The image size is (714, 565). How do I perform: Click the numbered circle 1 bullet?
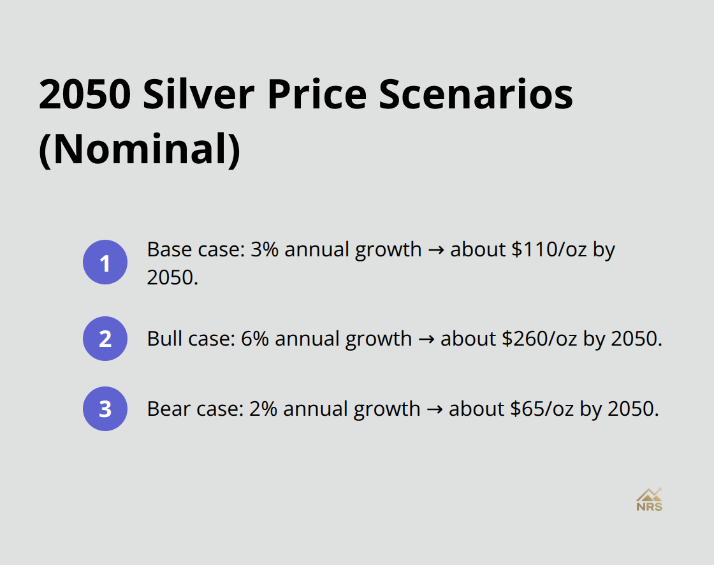click(105, 262)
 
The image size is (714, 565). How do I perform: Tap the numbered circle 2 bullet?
click(105, 339)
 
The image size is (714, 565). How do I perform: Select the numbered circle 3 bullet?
click(105, 409)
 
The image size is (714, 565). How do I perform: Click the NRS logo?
click(649, 500)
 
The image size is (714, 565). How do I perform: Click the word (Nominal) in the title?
click(140, 150)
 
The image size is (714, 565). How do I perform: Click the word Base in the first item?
click(165, 249)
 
